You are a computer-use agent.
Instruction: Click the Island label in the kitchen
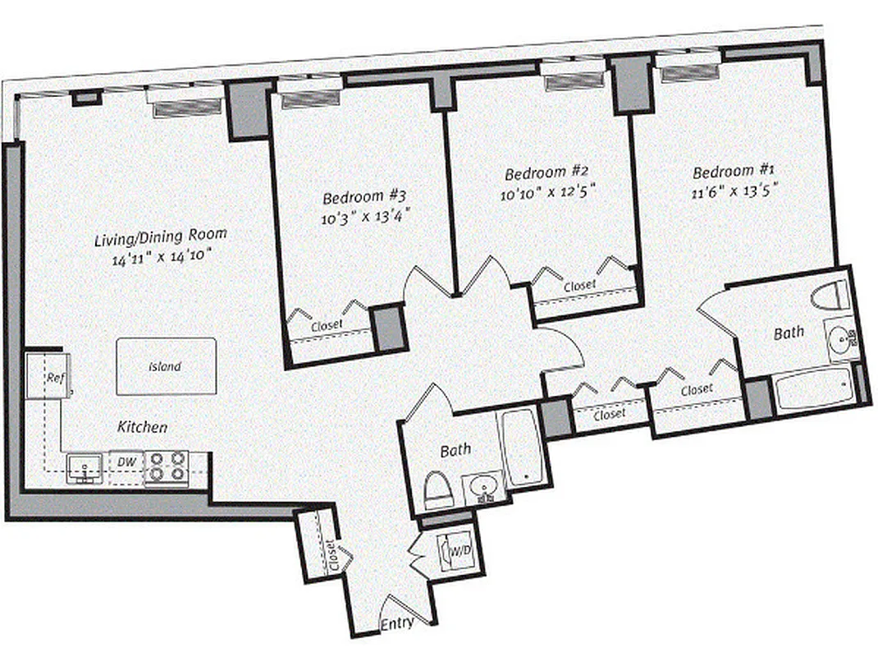pos(165,367)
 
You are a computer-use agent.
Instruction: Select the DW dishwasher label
pos(126,462)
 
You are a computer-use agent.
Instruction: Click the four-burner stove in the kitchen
pos(167,466)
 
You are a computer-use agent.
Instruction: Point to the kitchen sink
pos(84,467)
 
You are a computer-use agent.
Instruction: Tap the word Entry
pos(397,624)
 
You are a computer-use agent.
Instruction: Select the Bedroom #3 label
pos(364,197)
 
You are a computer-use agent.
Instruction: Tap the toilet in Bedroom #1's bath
pos(829,295)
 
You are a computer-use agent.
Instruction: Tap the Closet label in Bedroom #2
pos(579,286)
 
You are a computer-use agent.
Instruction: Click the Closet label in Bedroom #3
pos(327,326)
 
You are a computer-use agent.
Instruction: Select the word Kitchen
pos(143,427)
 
